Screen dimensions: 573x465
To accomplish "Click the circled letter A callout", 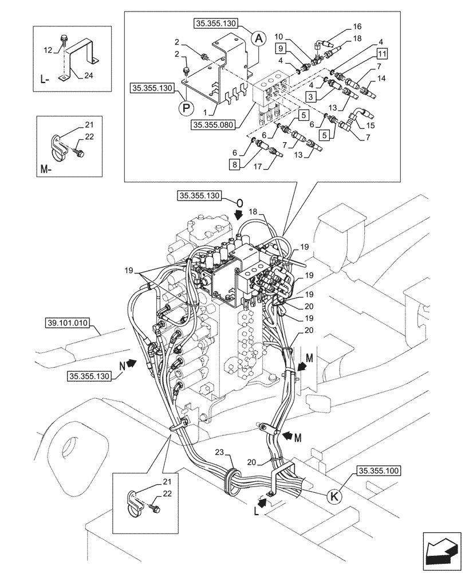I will (x=259, y=38).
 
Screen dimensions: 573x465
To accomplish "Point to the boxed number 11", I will (x=381, y=54).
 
